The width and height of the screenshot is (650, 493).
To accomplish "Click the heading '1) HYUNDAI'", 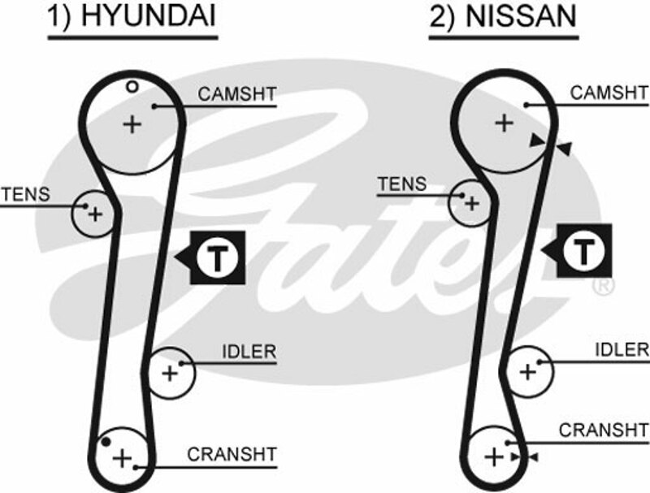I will point(132,19).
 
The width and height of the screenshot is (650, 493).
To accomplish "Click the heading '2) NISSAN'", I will point(504,19).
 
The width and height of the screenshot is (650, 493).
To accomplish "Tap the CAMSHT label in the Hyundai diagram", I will point(237,94).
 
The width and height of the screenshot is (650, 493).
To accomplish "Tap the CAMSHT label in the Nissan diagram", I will point(609,93).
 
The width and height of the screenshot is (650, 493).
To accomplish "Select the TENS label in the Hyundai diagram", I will point(25,195).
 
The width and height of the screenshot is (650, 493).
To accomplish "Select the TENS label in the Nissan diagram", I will point(401,185).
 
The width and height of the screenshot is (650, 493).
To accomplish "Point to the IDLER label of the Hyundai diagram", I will point(249,352).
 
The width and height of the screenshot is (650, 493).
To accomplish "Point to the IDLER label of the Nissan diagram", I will point(622,349).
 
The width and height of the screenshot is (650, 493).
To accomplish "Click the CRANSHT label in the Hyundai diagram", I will point(232,455).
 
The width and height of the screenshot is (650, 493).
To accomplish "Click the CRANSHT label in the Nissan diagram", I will point(604,430).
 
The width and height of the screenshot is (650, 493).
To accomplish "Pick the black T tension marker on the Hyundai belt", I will point(217,257).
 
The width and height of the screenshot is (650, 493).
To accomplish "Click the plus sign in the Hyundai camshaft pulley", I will point(132,124).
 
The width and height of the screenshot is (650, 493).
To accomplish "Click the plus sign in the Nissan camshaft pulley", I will point(505,123).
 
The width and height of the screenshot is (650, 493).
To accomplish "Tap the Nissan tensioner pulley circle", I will point(470,202).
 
